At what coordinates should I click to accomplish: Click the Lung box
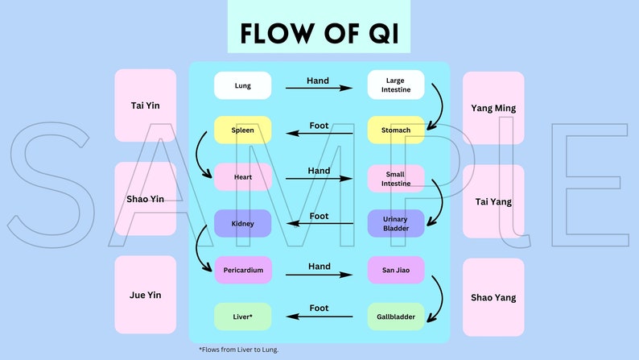tap(242, 85)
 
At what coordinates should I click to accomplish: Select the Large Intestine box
tap(395, 85)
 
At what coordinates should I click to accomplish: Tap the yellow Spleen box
tap(242, 130)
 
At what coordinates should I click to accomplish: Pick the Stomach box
tap(395, 130)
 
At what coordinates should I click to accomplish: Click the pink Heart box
tap(242, 177)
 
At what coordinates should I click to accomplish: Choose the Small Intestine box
tap(395, 178)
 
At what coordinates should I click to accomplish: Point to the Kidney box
tap(242, 223)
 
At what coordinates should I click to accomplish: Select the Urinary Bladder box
tap(395, 223)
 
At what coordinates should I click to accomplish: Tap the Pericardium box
tap(242, 270)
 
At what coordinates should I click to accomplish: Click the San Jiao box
tap(395, 270)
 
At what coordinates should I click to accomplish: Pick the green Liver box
tap(242, 317)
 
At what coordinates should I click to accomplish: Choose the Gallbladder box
tap(395, 317)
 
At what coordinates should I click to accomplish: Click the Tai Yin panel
tap(145, 106)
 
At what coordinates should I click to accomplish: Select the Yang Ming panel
tap(493, 108)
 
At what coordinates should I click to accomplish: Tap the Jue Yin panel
tap(145, 295)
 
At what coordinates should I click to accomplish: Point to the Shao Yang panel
tap(493, 297)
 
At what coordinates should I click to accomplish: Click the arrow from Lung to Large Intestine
tap(319, 88)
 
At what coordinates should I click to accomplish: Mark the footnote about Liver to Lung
tap(239, 350)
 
